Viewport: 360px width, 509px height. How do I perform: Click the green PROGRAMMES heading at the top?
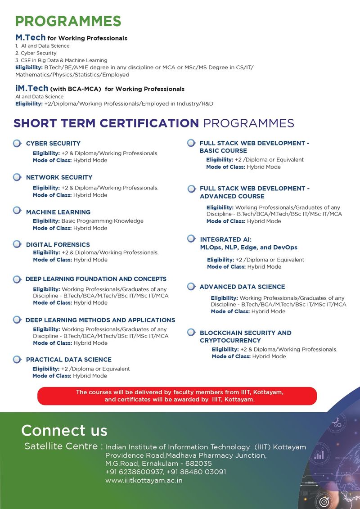(x=68, y=21)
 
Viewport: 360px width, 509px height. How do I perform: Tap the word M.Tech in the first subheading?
(x=30, y=38)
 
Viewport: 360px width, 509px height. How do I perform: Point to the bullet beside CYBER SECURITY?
(x=17, y=144)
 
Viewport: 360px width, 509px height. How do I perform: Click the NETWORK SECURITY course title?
(x=59, y=177)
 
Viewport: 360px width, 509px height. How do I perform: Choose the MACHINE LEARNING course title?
(x=58, y=212)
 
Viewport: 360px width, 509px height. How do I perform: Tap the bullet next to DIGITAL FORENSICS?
(x=17, y=244)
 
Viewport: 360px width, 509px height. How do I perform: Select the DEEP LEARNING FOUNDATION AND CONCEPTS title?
(x=96, y=279)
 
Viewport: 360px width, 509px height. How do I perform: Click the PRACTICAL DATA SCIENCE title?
(x=68, y=360)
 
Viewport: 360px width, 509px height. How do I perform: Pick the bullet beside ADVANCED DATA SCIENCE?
(x=191, y=287)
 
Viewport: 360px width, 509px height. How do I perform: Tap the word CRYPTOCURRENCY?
(x=230, y=341)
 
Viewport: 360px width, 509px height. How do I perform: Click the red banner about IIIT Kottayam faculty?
(x=177, y=396)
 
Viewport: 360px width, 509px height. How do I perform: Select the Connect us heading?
(x=64, y=430)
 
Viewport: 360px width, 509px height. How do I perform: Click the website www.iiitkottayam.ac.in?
(x=144, y=480)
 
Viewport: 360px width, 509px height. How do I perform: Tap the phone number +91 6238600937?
(x=128, y=472)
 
